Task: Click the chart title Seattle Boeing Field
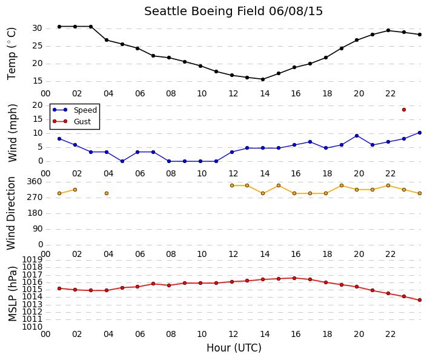204,12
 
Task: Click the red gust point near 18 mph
404,110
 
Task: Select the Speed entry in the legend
85,110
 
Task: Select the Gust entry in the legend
82,122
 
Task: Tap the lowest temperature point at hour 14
263,79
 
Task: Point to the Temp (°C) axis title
12,54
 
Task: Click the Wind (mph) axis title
13,133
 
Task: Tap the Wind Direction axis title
11,213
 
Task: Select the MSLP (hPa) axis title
13,294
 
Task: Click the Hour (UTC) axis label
234,348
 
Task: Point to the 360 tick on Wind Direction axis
35,181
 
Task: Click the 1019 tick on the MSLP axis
32,259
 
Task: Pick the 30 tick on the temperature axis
38,28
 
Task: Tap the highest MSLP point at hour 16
294,278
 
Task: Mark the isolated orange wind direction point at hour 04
107,193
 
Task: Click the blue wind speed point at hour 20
357,136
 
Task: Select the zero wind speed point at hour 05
122,161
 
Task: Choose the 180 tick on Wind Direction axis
35,213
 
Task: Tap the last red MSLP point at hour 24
420,300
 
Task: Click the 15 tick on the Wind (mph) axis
38,119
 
